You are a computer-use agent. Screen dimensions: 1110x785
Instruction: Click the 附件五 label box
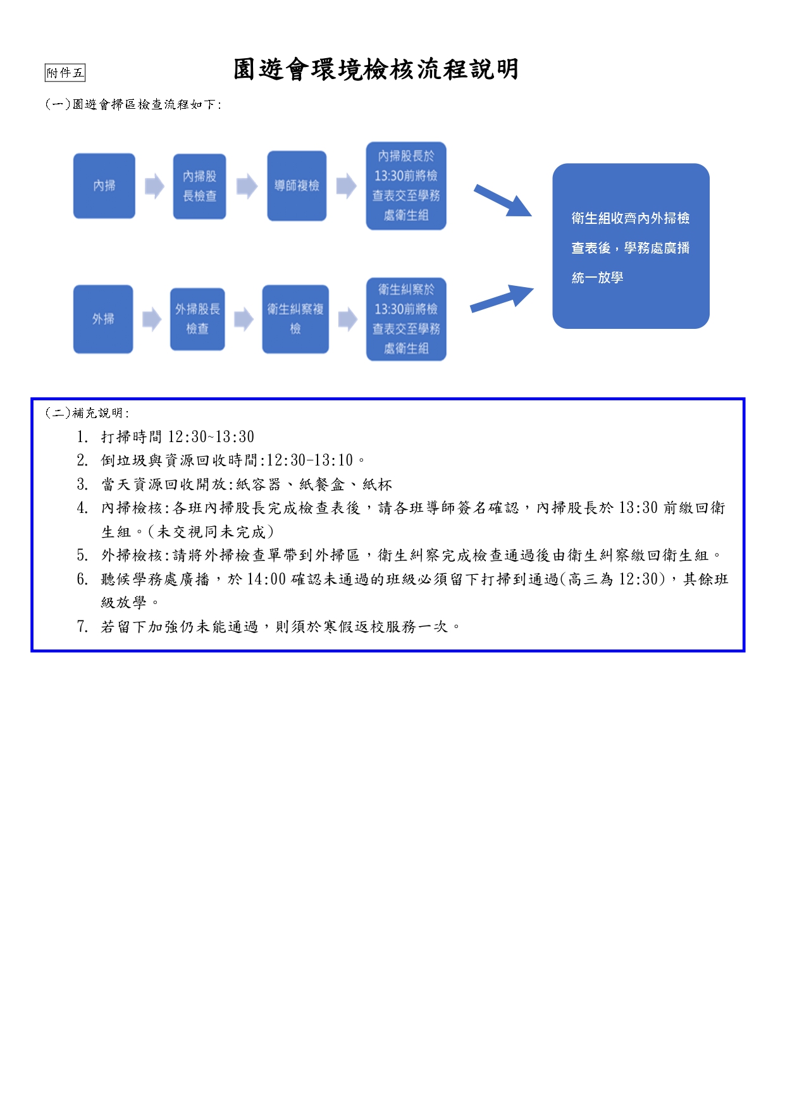point(65,73)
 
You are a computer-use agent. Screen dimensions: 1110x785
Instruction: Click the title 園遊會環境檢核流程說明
point(376,70)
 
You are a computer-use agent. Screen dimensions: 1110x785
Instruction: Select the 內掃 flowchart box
point(104,186)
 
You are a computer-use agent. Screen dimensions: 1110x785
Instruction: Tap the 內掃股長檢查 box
point(199,187)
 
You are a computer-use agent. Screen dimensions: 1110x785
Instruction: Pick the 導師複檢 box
point(297,186)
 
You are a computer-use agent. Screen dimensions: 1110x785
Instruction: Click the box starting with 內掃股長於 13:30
point(406,186)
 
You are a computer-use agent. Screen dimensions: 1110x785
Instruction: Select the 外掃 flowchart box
point(103,319)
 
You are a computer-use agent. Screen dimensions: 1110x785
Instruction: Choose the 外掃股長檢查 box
point(197,319)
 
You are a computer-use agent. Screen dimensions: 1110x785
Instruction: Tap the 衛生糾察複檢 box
point(295,319)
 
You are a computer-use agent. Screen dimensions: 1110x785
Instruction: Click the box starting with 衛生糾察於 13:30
point(406,319)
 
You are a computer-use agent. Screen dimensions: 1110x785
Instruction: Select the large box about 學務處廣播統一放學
point(631,247)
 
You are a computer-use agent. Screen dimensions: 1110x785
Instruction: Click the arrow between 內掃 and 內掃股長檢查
point(154,187)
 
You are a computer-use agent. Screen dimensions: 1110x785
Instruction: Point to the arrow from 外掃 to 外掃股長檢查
point(152,319)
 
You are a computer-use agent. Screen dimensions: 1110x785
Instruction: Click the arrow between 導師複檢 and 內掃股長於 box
point(346,187)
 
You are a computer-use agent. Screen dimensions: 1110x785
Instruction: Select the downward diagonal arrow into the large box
point(503,201)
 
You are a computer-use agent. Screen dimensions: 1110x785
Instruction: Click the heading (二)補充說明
point(87,413)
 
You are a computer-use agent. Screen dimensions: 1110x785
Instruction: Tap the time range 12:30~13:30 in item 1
point(211,437)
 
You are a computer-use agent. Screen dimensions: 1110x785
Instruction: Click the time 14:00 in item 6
point(266,579)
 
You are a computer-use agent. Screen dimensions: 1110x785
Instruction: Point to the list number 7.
point(82,627)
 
